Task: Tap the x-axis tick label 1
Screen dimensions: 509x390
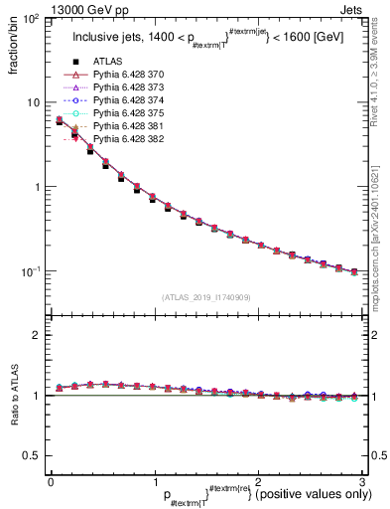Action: (x=154, y=482)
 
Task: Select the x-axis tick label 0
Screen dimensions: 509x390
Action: (x=51, y=482)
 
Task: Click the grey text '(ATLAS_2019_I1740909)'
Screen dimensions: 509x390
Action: (x=204, y=297)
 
